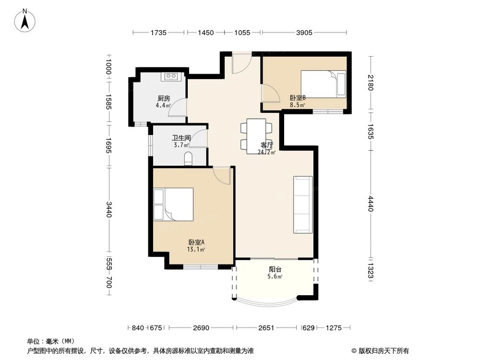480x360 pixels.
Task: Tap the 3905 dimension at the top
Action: (304, 33)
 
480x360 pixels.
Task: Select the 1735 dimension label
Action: (158, 33)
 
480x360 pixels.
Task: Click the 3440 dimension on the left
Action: (109, 209)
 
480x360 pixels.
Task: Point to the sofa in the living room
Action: (303, 204)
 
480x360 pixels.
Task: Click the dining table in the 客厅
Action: (255, 136)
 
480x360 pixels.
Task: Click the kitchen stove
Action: (171, 76)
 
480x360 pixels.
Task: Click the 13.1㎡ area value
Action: (197, 249)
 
